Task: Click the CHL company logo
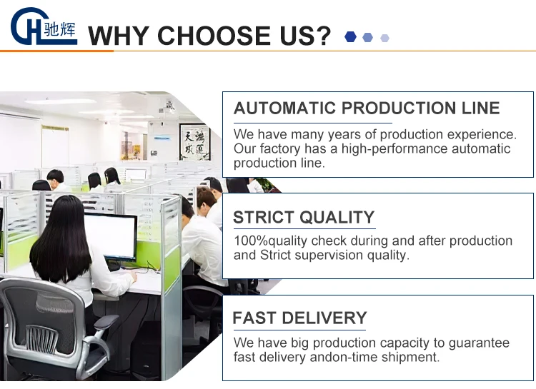44,26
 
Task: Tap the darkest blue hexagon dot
350,37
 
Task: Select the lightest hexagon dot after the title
384,38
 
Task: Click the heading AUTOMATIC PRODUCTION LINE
367,108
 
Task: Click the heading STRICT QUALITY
304,217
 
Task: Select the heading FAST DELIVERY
299,318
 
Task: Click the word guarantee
479,343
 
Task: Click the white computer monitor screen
110,235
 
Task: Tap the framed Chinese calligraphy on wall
195,142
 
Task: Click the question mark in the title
322,35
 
